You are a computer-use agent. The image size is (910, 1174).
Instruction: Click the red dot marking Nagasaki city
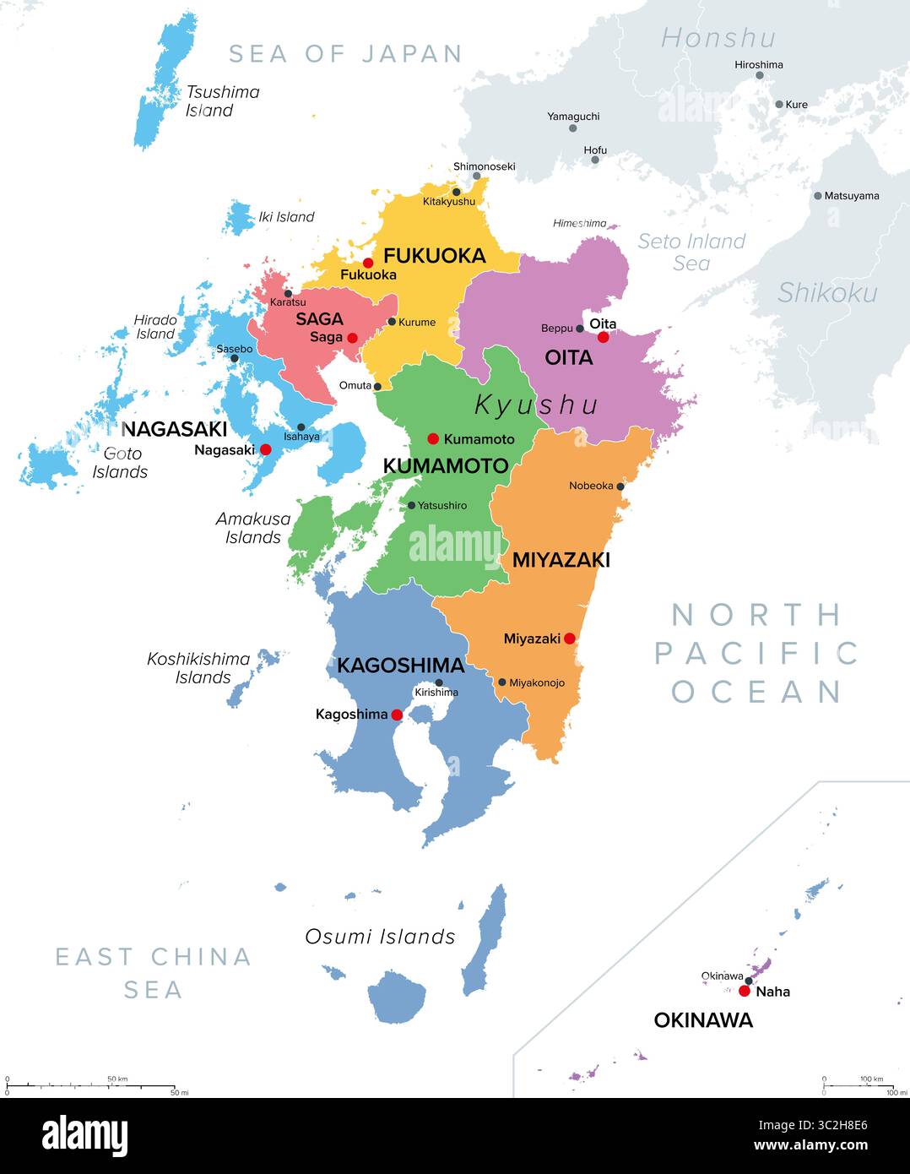coord(265,450)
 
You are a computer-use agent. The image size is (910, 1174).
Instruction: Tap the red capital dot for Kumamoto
coord(433,438)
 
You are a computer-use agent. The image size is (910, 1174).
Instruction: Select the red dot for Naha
coord(744,991)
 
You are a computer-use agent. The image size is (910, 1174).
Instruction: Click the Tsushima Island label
coord(222,101)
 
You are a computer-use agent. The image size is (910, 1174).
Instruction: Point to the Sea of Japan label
coord(345,54)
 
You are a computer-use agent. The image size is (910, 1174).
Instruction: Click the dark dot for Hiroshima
coord(759,75)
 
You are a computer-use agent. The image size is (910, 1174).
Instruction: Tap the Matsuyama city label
coord(851,196)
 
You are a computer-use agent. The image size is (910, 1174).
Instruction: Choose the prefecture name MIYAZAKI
coord(561,559)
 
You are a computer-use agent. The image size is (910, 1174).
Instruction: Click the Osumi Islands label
coord(380,937)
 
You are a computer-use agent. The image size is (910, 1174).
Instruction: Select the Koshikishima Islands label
coord(199,668)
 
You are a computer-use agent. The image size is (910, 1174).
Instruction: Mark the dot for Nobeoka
coord(620,486)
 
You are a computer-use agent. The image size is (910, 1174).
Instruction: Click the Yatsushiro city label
coord(442,505)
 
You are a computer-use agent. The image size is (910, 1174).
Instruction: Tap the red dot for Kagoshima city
coord(397,715)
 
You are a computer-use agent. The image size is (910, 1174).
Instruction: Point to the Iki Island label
coord(286,217)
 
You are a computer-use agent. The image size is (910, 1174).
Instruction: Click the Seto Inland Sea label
coord(691,252)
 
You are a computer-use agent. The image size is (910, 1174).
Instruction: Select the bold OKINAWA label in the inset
coord(703,1020)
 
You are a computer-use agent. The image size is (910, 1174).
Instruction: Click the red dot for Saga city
coord(352,338)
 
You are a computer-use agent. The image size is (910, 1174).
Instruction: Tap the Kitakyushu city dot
coord(456,192)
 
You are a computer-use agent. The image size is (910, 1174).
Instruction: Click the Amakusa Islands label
coord(252,528)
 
